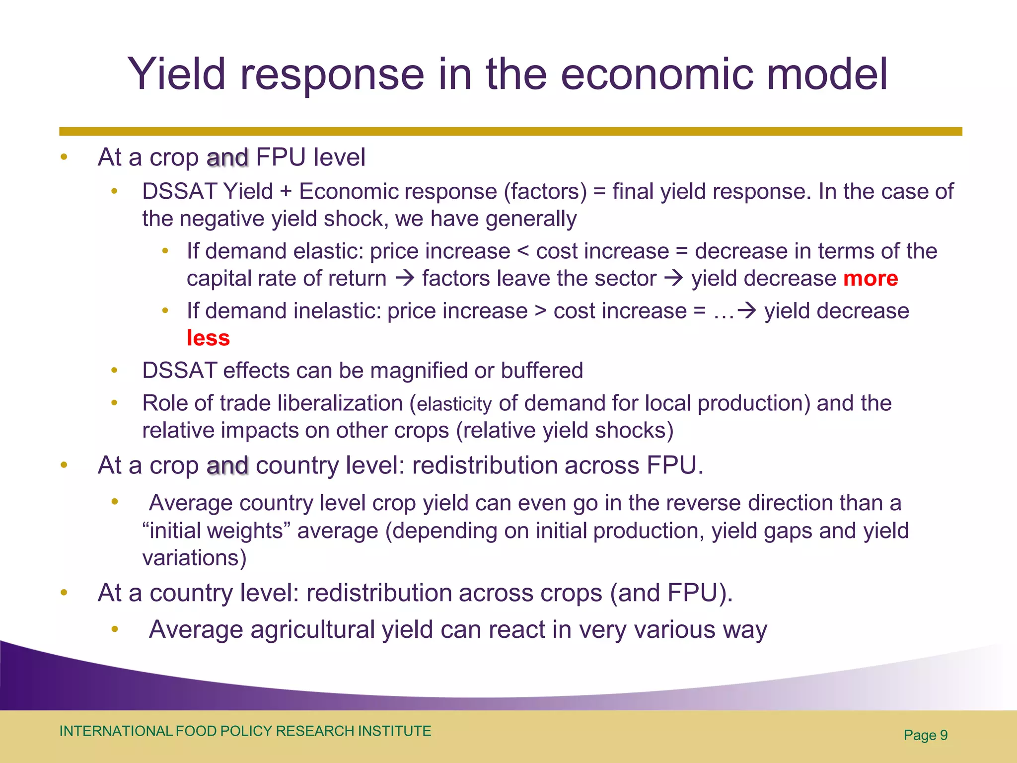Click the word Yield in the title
[x=177, y=75]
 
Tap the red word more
[x=871, y=279]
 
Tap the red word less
[x=208, y=338]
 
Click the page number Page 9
[x=925, y=735]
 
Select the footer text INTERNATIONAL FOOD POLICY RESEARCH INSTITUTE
[x=245, y=731]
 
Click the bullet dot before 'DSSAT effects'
[x=114, y=370]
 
